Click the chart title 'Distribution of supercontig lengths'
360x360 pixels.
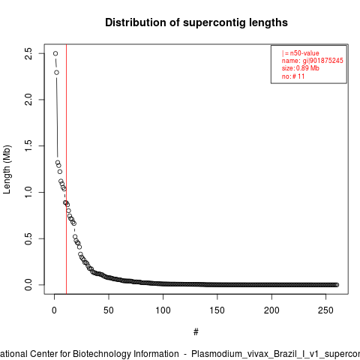click(196, 22)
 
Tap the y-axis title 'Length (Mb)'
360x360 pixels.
click(7, 169)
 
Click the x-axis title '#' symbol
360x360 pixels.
click(196, 332)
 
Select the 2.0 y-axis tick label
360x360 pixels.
click(28, 100)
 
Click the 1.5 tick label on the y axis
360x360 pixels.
click(28, 145)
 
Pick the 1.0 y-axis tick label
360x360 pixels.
click(28, 192)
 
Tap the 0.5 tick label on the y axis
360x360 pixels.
click(28, 238)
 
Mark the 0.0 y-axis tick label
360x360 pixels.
click(28, 285)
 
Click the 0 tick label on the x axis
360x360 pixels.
click(54, 310)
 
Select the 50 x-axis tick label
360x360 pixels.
click(109, 310)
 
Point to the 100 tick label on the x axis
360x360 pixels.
click(163, 310)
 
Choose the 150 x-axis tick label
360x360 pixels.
click(217, 310)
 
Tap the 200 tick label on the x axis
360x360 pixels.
click(271, 310)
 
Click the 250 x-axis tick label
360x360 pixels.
click(325, 310)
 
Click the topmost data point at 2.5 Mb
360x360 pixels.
click(55, 53)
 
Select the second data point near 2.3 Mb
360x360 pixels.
click(56, 73)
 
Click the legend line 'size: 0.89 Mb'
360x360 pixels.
click(301, 68)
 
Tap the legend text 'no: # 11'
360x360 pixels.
click(293, 76)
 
